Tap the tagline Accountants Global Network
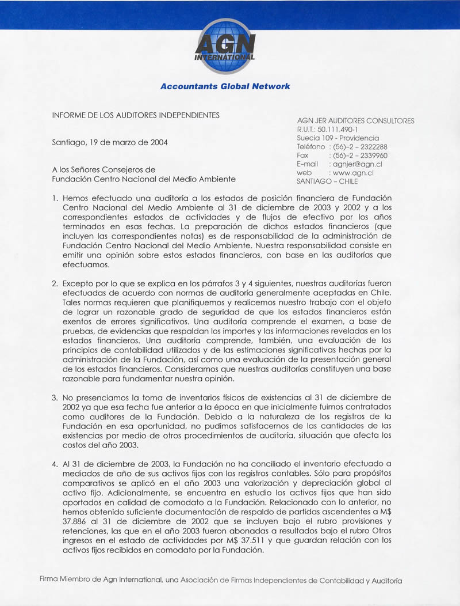(225, 86)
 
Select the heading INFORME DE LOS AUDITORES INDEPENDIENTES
(136, 115)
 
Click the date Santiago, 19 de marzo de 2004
(110, 142)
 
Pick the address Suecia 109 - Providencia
(338, 138)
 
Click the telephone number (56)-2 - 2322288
(360, 147)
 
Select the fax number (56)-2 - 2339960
(360, 156)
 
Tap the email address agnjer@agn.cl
(358, 164)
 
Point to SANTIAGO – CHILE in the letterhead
(327, 181)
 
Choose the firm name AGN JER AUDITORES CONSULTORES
(355, 121)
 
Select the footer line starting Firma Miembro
(221, 581)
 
